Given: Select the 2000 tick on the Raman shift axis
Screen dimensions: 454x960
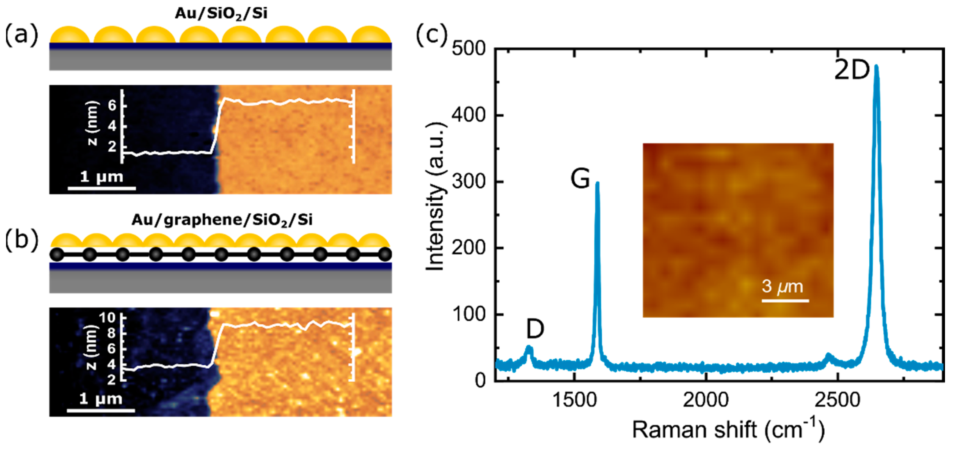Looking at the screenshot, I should [x=706, y=400].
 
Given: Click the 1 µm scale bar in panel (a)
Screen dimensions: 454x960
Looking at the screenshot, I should [x=101, y=188].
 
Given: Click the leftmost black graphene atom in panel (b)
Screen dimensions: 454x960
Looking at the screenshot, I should [x=57, y=255].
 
